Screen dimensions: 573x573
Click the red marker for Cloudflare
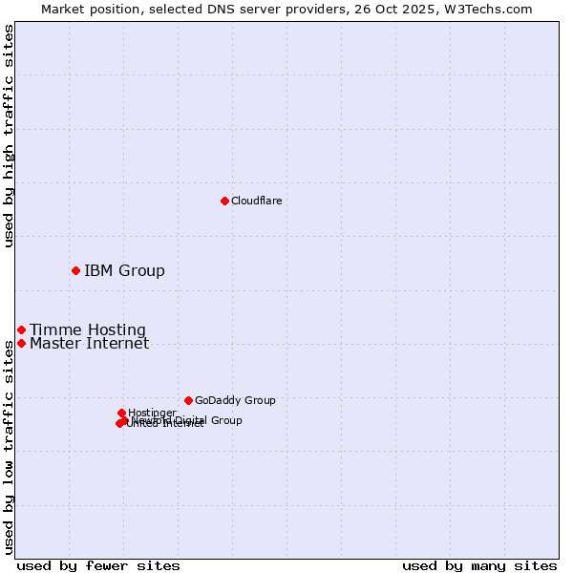click(x=224, y=201)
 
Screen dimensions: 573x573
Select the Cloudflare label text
click(x=256, y=201)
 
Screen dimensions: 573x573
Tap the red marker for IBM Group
click(x=75, y=270)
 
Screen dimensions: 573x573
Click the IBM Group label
click(x=124, y=270)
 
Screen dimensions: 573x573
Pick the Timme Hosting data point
click(x=21, y=329)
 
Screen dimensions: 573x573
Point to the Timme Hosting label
click(x=88, y=330)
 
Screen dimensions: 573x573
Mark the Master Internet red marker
click(x=21, y=343)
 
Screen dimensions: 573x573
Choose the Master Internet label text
click(x=89, y=344)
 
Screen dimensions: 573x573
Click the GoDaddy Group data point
click(x=188, y=400)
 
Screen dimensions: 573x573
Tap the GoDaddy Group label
click(x=235, y=400)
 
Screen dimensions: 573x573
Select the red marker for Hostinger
click(x=121, y=413)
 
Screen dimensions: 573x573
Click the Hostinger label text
click(x=152, y=413)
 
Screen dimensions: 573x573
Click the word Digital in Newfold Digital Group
click(x=191, y=420)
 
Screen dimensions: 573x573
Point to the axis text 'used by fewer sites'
click(x=98, y=565)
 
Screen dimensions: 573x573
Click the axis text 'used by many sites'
click(x=479, y=565)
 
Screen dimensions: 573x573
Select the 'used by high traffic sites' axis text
click(x=9, y=136)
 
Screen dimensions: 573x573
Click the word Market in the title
click(x=63, y=9)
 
